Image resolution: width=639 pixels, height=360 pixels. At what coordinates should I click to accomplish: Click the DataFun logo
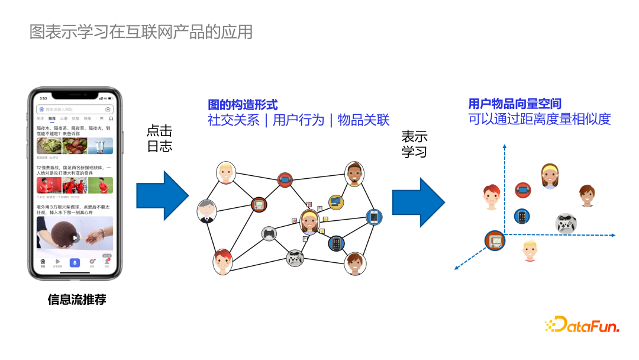point(582,324)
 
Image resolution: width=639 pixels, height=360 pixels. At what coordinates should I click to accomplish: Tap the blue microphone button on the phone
point(75,262)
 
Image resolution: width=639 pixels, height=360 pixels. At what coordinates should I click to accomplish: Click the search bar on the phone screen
point(74,110)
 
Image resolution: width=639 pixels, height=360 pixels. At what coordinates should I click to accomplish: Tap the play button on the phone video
point(75,238)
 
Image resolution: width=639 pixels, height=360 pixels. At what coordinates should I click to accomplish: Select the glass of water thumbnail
point(101,146)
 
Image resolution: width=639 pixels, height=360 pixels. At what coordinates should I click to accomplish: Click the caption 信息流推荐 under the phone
point(77,299)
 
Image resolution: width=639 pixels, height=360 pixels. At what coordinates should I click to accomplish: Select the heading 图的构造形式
point(243,105)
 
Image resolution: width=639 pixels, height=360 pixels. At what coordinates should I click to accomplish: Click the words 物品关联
point(363,120)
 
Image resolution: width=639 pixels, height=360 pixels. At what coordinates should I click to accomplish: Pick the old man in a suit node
point(206,211)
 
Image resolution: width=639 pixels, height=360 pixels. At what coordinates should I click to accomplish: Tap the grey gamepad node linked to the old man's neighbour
point(269,234)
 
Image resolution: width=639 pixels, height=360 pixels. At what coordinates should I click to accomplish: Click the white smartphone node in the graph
point(374,217)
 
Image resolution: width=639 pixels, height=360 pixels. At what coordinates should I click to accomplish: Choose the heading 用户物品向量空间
point(515,104)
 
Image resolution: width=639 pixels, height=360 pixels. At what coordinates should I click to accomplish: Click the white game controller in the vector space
point(566,224)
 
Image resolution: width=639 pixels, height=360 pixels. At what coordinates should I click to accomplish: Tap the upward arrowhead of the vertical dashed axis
point(504,146)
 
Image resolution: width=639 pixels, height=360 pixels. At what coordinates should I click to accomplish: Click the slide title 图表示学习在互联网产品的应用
point(141,31)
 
